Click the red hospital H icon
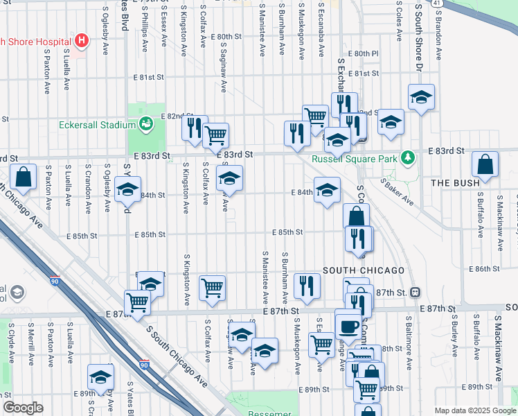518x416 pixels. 82,41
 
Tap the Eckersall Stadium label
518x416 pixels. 96,125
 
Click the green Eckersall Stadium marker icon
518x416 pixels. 145,125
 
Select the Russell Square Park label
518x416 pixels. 355,159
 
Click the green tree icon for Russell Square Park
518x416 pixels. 409,158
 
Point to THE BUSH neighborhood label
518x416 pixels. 454,183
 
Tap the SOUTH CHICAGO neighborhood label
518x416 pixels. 363,270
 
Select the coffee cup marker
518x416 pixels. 348,325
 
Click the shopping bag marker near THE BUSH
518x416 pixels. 485,165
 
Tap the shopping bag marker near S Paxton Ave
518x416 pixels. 24,177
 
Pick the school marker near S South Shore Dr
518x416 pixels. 420,97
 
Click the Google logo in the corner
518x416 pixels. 23,408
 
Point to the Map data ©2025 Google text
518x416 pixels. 475,410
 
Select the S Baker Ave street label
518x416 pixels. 397,192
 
